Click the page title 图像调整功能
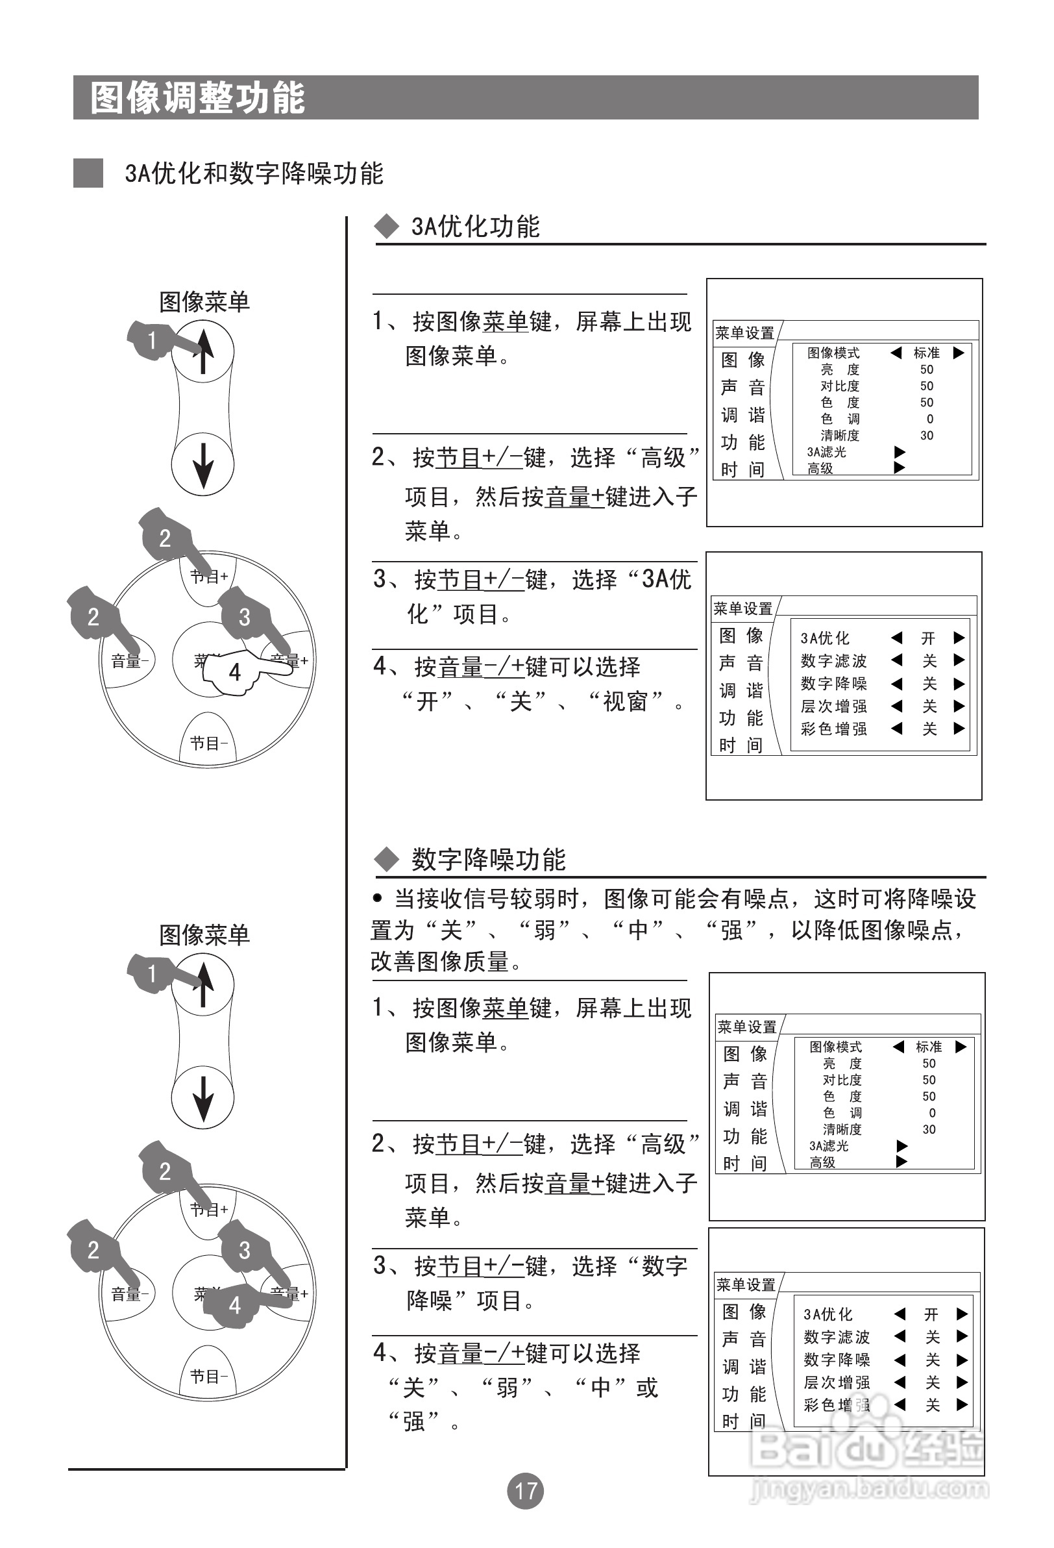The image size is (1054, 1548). tap(198, 98)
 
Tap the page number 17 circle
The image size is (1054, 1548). tap(525, 1491)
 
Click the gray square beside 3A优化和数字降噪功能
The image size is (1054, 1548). tap(88, 173)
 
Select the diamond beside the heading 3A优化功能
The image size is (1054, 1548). tap(386, 227)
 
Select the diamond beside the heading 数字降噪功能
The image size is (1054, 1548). tap(386, 859)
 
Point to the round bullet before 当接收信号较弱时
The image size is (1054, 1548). tap(378, 899)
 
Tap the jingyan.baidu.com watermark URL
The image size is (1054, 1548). tap(869, 1507)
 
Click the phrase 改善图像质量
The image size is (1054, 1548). tap(439, 961)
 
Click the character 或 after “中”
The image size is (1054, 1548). tap(647, 1388)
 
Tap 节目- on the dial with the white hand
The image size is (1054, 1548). tap(208, 743)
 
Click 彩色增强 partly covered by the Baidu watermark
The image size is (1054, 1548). tap(837, 1404)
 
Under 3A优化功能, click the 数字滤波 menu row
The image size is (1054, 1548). tap(833, 661)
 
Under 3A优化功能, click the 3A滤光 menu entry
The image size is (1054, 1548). tap(826, 452)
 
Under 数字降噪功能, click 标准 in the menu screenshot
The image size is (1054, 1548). tap(929, 1047)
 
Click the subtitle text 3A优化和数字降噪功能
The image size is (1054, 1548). tap(254, 173)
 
